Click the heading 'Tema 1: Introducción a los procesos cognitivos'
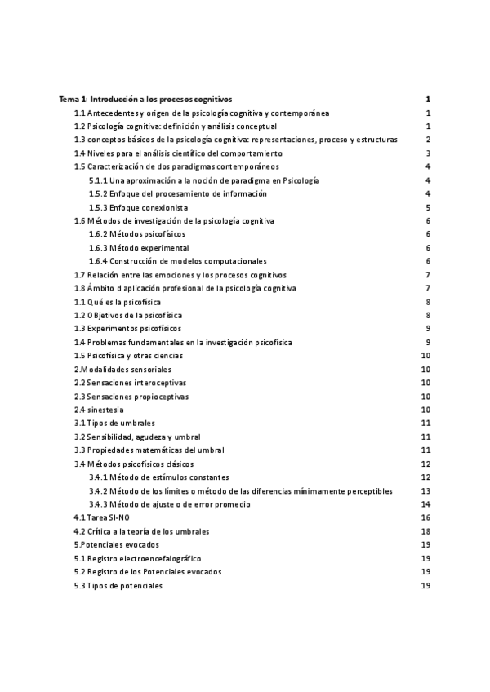(x=146, y=99)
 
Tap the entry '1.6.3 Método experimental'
(x=139, y=247)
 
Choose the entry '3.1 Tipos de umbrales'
(x=114, y=423)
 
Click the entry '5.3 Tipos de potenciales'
(x=118, y=585)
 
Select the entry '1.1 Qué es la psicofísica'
(x=118, y=302)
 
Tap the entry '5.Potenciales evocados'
(x=117, y=544)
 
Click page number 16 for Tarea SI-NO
(x=425, y=517)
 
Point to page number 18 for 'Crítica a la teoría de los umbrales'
(x=425, y=531)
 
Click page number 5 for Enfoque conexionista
(x=428, y=207)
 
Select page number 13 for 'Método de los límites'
(x=425, y=490)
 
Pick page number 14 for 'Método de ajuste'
(x=425, y=504)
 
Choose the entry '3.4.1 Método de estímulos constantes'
(x=159, y=477)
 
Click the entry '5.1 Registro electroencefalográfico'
(x=137, y=558)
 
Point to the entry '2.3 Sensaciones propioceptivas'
(x=131, y=397)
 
